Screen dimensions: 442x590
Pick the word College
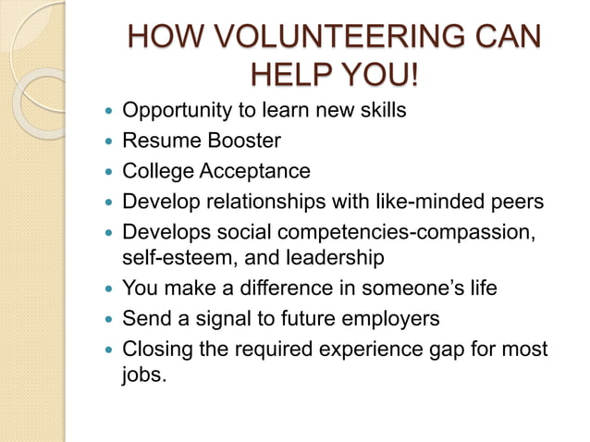157,171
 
